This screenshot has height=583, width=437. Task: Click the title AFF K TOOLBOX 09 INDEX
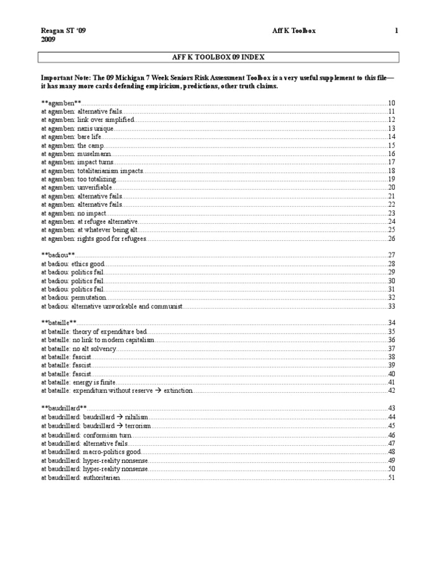218,57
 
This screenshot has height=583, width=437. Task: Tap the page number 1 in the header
396,31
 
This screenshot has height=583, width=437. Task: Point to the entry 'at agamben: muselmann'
76,154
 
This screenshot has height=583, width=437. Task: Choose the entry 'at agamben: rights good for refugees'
93,239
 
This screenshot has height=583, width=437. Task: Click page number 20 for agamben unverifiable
391,188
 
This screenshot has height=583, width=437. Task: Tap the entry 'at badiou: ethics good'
73,264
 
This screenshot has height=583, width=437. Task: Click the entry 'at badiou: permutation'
73,298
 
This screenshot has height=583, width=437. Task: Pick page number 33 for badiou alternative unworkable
391,306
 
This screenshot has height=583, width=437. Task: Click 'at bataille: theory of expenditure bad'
94,332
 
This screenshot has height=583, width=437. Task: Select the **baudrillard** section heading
64,408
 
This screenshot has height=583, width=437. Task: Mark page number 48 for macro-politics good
391,451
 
